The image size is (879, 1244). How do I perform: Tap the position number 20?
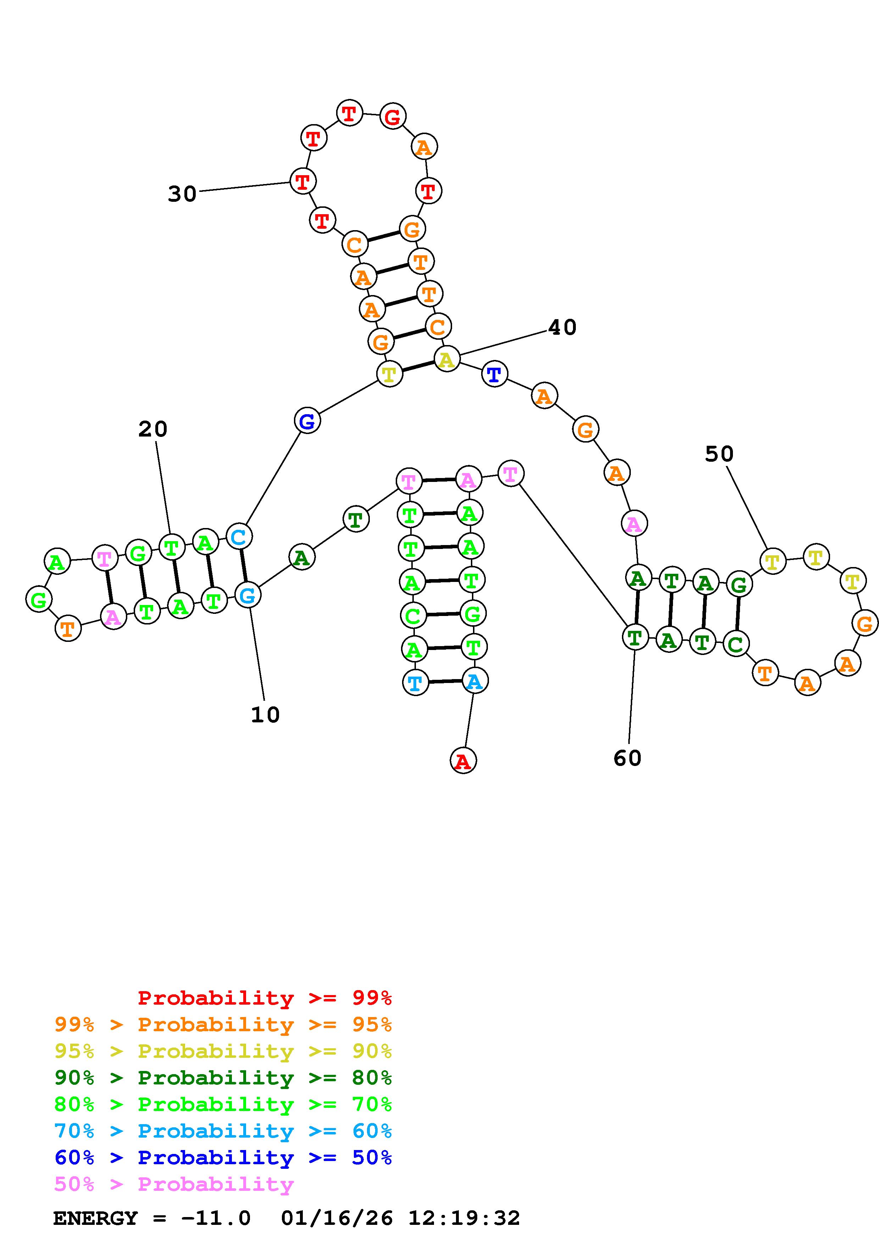[153, 429]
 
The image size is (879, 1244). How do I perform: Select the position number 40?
[562, 327]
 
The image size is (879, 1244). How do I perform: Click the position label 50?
[719, 454]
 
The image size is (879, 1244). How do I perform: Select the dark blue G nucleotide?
[307, 421]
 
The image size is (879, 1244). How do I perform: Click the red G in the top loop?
[393, 116]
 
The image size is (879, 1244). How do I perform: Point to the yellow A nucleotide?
[447, 359]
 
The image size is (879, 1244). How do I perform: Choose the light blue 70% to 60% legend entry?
[223, 1131]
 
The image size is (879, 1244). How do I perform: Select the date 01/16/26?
[337, 1218]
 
